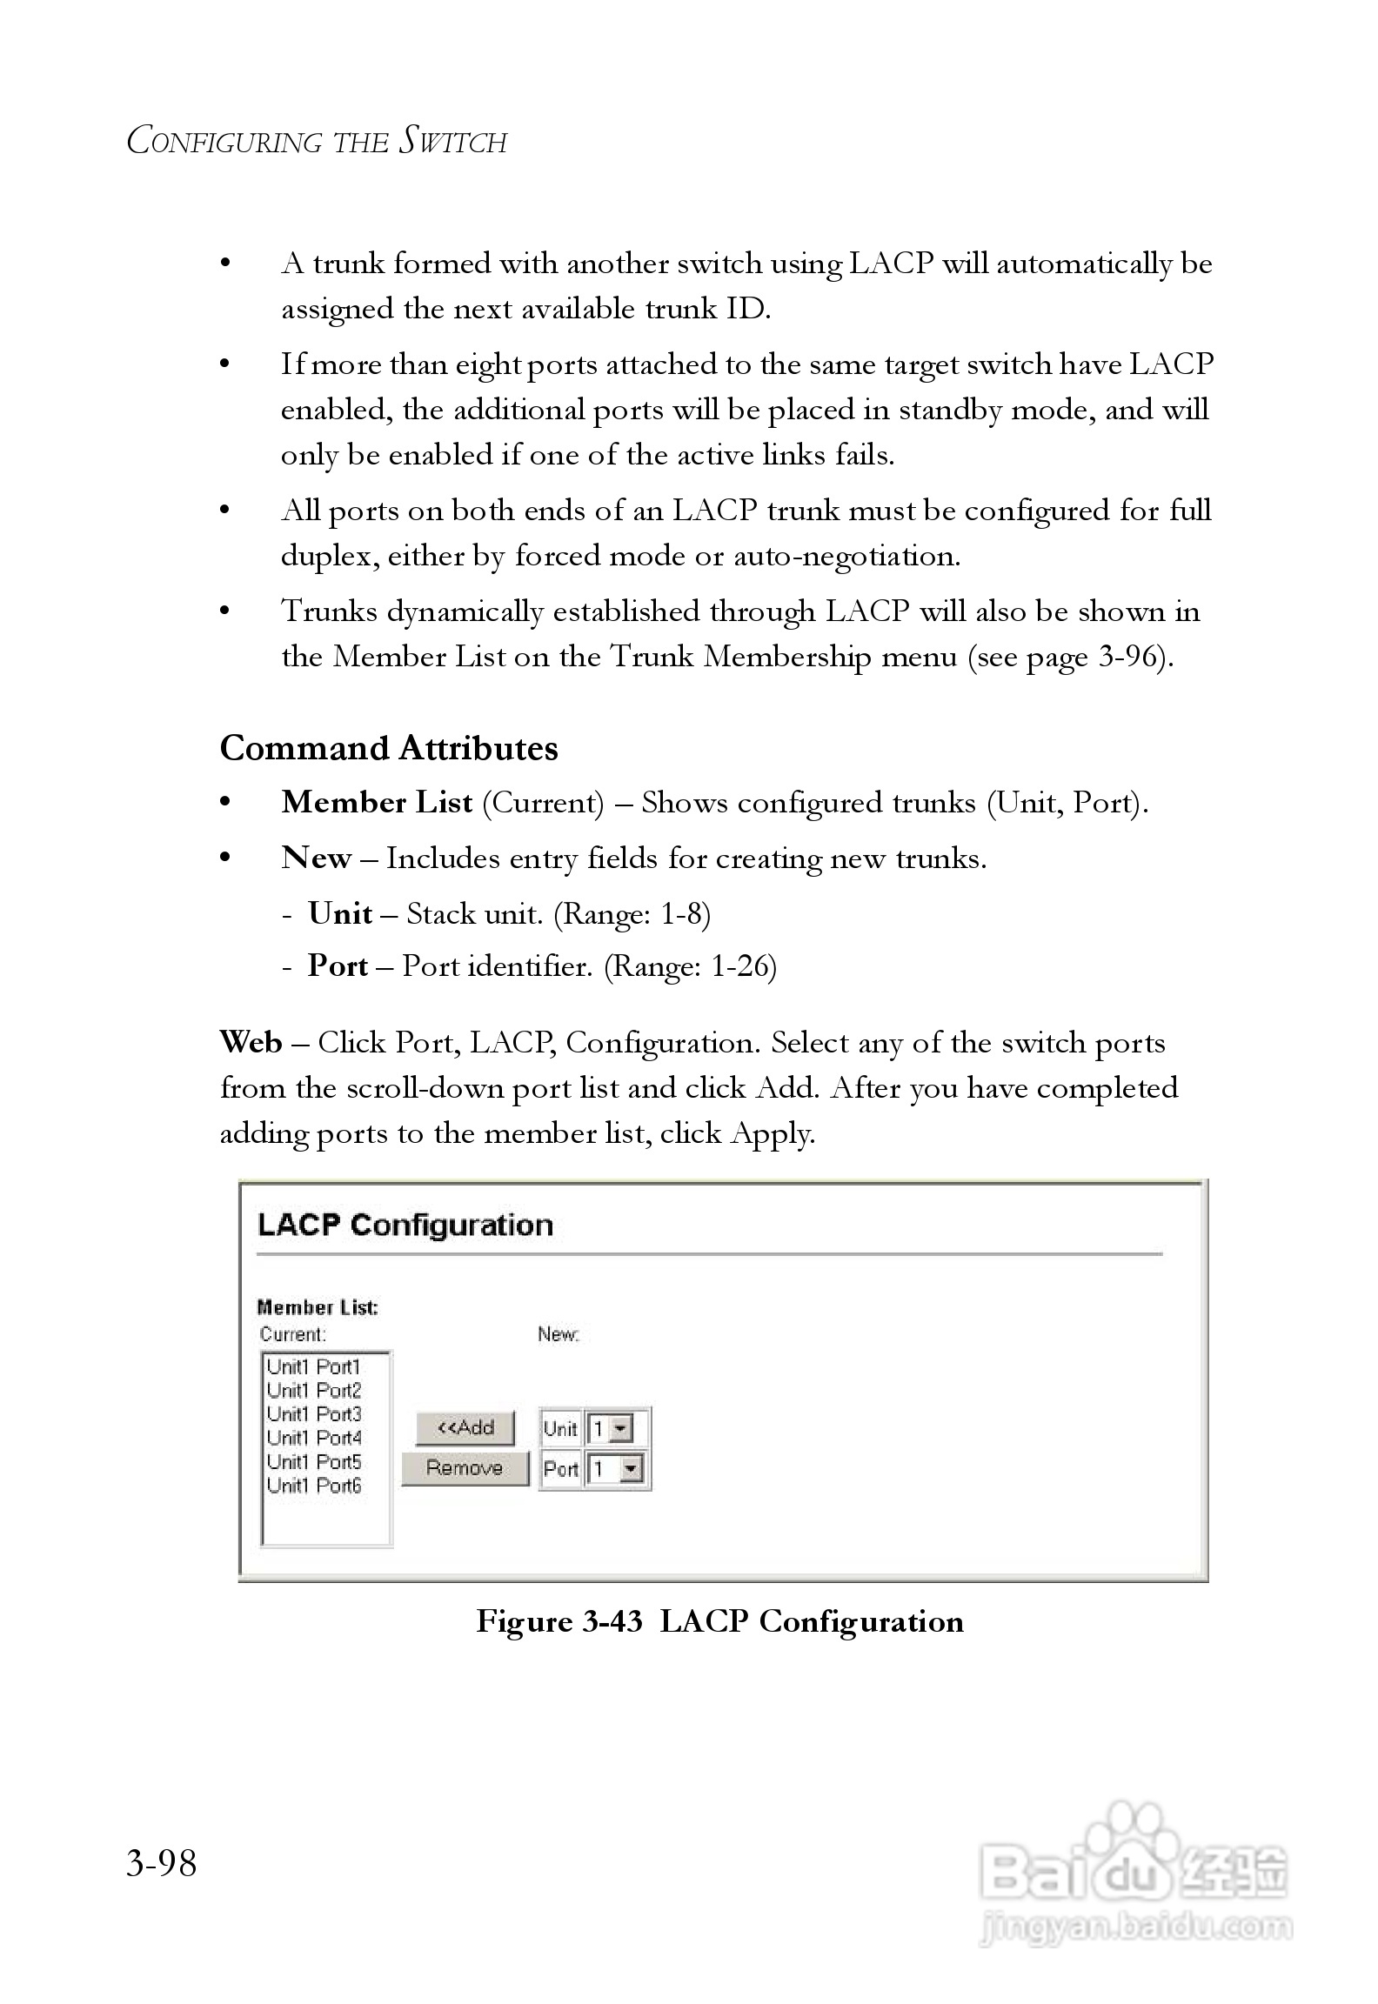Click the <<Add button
coord(465,1427)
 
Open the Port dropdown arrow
coord(632,1469)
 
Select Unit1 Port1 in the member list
coord(313,1366)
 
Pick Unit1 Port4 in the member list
coord(313,1438)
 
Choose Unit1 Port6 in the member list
coord(313,1486)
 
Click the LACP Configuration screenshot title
coord(405,1225)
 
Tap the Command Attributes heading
coord(389,748)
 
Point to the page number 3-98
coord(162,1863)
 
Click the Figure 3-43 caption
coord(719,1621)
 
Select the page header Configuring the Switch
coord(317,141)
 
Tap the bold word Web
coord(251,1042)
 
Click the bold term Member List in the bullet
coord(377,802)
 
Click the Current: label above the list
coord(293,1334)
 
